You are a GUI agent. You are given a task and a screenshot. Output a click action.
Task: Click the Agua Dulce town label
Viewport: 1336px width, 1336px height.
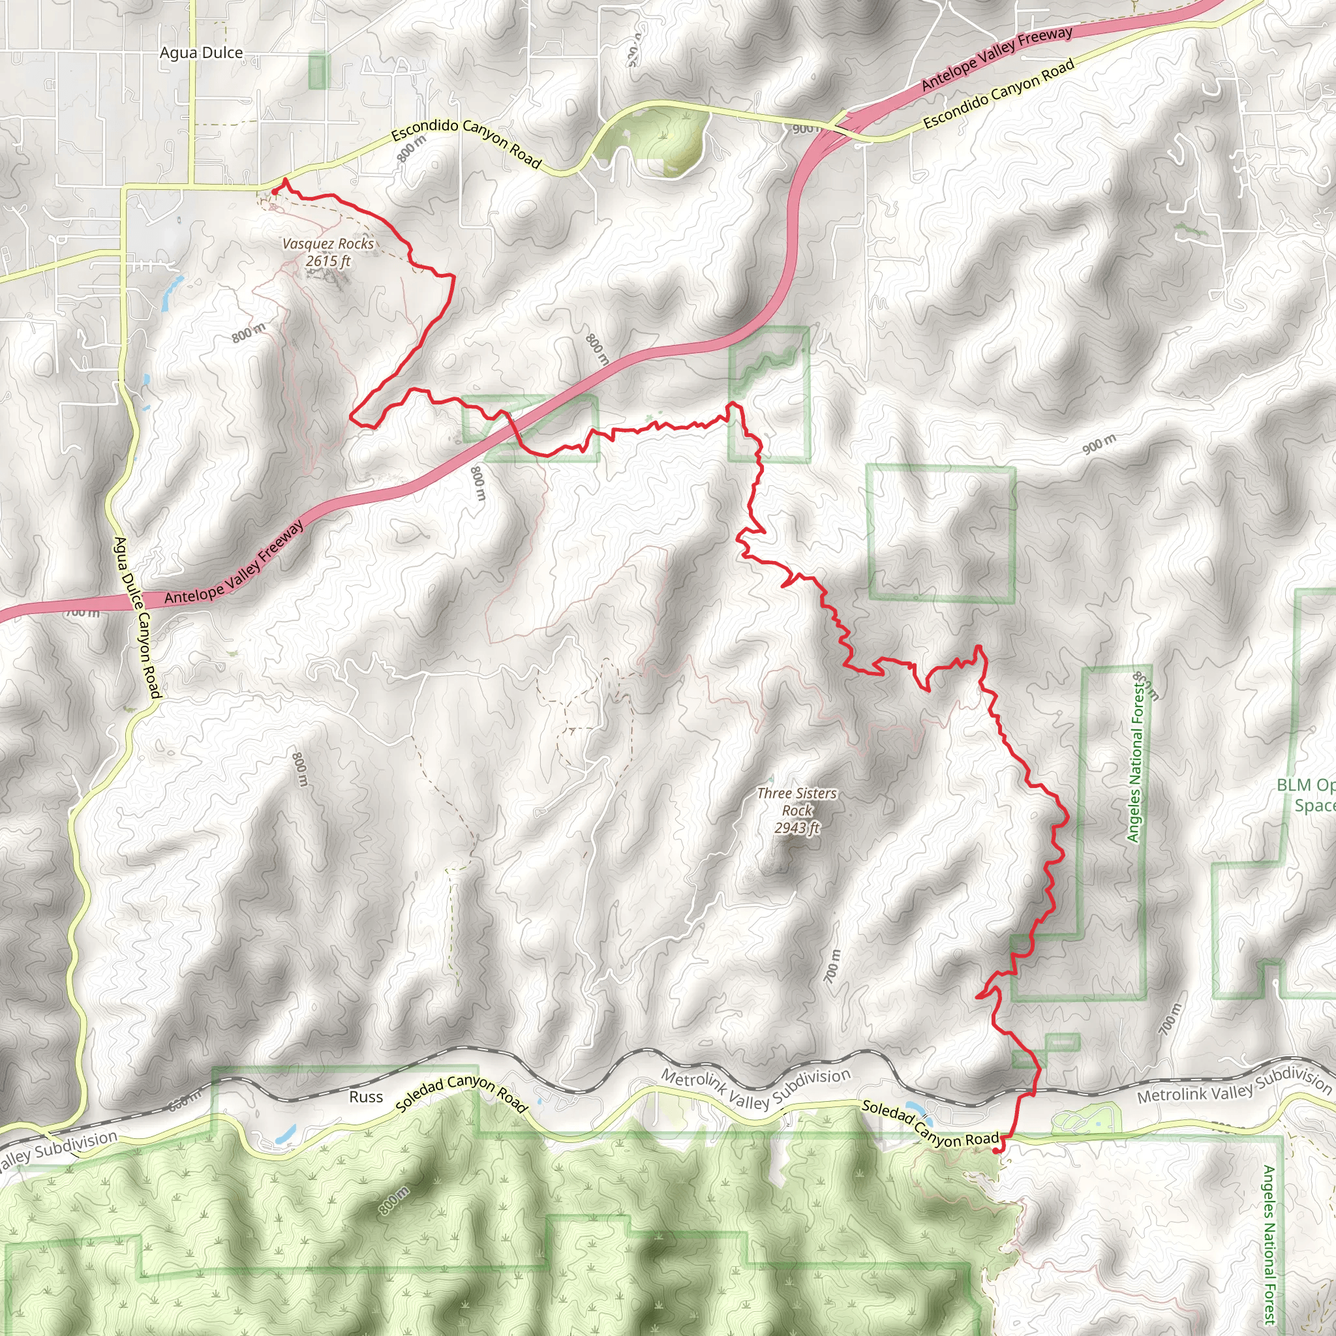pyautogui.click(x=201, y=53)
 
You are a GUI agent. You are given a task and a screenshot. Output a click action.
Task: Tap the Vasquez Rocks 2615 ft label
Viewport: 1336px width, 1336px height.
pyautogui.click(x=329, y=252)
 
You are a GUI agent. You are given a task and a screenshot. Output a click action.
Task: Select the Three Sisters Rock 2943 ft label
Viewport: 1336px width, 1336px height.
pyautogui.click(x=797, y=810)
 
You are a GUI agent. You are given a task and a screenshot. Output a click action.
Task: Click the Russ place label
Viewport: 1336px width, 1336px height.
pyautogui.click(x=366, y=1097)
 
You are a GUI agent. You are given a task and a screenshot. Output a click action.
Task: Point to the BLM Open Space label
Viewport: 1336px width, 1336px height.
pyautogui.click(x=1305, y=795)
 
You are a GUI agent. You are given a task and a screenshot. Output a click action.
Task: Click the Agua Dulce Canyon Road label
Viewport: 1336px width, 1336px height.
pyautogui.click(x=137, y=618)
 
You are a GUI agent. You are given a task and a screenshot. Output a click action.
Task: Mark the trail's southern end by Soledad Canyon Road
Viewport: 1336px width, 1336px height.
pyautogui.click(x=995, y=1151)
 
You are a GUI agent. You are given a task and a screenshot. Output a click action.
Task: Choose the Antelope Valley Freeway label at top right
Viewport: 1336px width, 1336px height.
pyautogui.click(x=997, y=58)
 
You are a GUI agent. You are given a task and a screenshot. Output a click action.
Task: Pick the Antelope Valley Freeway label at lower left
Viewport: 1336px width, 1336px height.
pyautogui.click(x=234, y=564)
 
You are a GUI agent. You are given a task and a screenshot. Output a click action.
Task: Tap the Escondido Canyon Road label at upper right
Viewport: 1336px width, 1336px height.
pyautogui.click(x=999, y=93)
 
